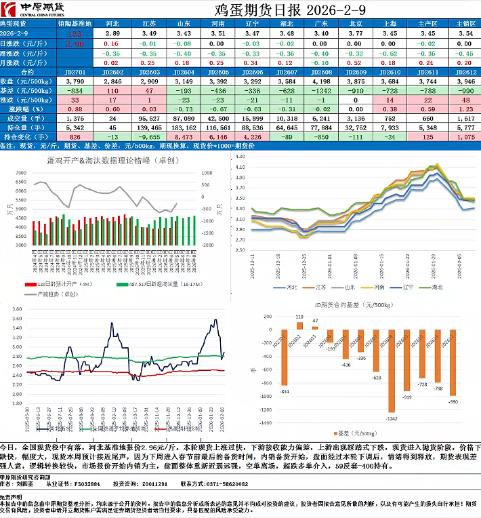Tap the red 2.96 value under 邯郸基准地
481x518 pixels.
click(75, 43)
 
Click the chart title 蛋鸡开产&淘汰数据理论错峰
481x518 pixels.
click(100, 160)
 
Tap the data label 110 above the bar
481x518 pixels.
click(299, 317)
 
